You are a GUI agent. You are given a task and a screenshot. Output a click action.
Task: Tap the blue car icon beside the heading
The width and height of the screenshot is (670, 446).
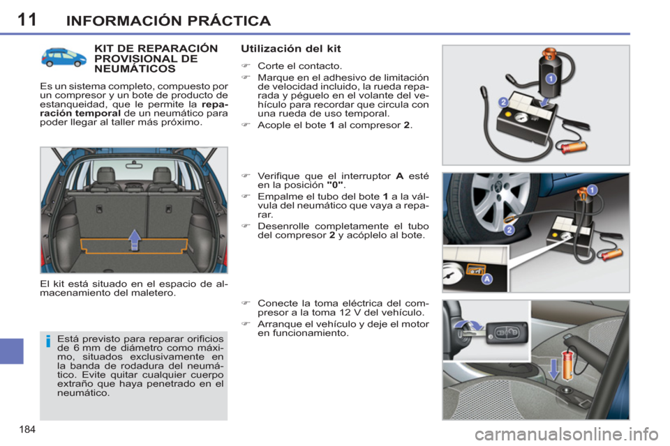coord(63,58)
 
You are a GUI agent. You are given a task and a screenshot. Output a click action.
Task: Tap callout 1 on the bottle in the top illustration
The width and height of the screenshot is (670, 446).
coord(550,79)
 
